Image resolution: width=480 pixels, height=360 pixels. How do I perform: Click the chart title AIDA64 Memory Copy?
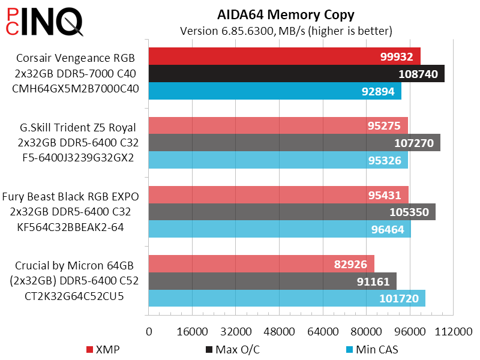[286, 14]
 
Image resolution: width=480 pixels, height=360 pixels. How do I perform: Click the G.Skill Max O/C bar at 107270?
[294, 143]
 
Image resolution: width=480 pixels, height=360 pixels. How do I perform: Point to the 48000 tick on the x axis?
[280, 332]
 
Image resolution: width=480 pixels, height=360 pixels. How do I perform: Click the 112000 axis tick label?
[453, 332]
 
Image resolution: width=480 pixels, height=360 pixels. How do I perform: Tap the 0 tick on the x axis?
[149, 332]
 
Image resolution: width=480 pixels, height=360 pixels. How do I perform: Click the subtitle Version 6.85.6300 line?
[286, 30]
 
